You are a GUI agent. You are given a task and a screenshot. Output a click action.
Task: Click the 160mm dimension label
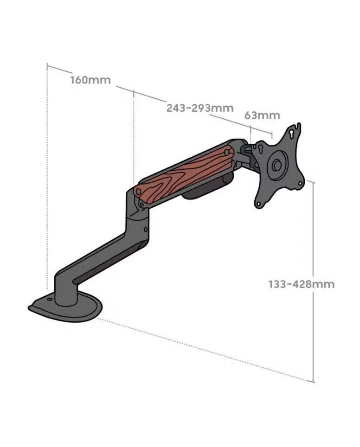(90, 80)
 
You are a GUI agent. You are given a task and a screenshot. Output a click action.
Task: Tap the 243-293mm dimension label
(200, 108)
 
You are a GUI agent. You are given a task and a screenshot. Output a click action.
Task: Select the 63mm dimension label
(262, 115)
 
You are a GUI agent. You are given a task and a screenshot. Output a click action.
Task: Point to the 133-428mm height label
(301, 284)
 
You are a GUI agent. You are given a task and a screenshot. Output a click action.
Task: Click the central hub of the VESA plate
(276, 165)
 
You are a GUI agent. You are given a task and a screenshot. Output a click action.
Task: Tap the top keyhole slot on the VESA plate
(291, 133)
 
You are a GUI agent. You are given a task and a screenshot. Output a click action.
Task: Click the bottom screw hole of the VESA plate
(258, 204)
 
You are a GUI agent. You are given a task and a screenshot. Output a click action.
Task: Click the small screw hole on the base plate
(50, 300)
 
